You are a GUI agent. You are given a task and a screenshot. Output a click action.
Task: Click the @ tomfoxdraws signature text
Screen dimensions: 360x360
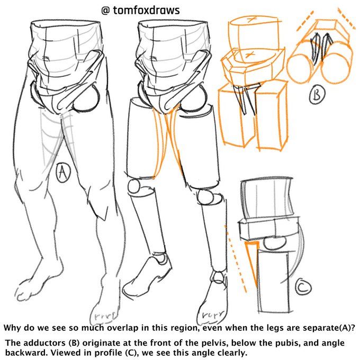point(142,10)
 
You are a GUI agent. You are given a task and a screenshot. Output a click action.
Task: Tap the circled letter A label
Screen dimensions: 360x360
point(63,173)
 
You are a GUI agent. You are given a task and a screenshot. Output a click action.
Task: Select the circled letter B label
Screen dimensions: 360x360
point(317,95)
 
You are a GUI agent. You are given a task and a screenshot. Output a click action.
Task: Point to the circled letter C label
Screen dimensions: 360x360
point(302,288)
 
